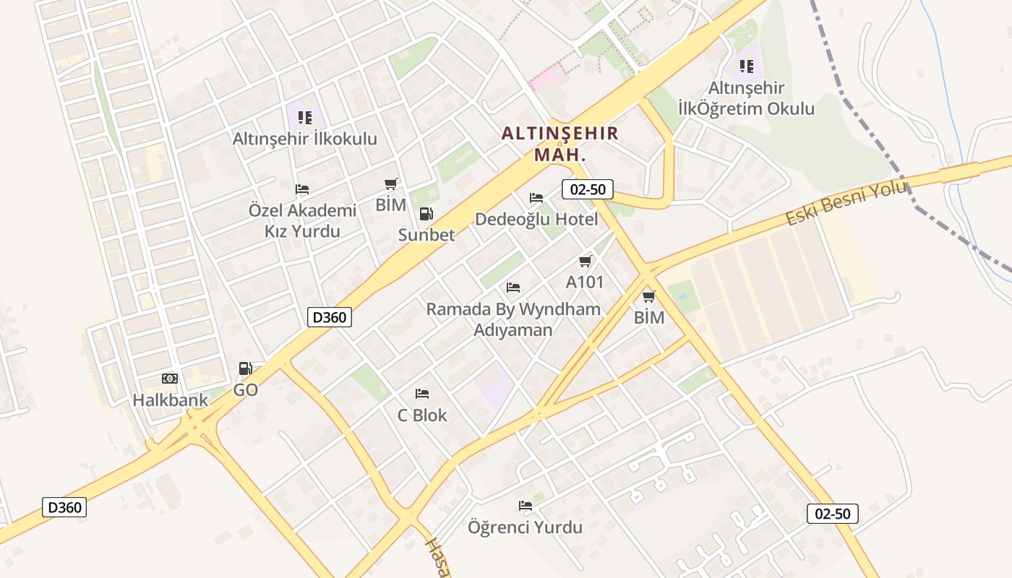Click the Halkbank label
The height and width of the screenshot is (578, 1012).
point(170,400)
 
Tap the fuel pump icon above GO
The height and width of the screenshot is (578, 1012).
point(246,368)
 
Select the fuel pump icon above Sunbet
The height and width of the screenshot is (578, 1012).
point(426,213)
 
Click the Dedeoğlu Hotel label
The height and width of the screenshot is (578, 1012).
point(536,220)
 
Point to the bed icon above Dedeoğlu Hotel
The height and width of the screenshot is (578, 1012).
point(536,197)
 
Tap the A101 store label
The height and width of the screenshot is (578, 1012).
point(584,282)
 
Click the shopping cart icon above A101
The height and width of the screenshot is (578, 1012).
point(585,261)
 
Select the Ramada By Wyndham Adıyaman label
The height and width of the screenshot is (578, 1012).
point(513,319)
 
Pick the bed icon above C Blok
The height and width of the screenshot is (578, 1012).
point(422,394)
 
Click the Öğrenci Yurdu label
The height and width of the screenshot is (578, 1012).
point(525,527)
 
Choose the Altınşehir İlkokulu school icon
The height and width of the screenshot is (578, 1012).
point(304,117)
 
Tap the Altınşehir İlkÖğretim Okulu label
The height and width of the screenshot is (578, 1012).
point(746,99)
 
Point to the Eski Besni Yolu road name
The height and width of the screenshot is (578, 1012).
point(845,204)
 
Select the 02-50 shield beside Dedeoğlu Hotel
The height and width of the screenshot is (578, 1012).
point(588,190)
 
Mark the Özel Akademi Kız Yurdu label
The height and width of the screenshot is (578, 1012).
point(302,221)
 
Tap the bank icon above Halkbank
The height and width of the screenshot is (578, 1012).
point(170,379)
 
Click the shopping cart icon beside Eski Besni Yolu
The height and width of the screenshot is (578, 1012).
point(649,296)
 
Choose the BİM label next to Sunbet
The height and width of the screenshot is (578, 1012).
point(390,205)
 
